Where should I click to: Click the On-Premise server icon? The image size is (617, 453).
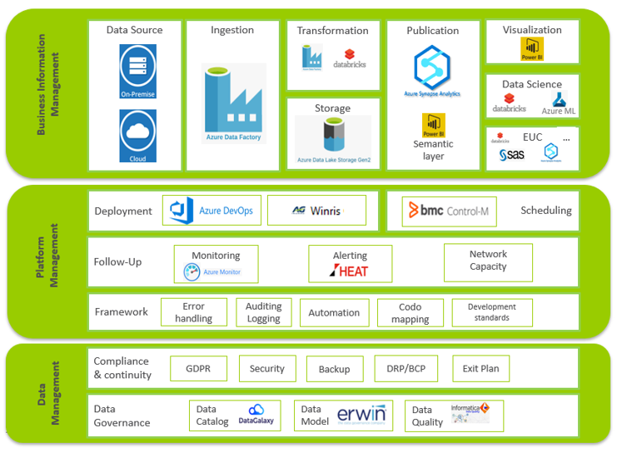[137, 71]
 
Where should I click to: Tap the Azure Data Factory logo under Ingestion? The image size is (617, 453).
[234, 103]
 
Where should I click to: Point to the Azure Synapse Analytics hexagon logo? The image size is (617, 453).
[432, 67]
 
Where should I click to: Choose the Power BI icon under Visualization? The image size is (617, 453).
[531, 50]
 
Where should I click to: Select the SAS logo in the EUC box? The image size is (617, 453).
[512, 154]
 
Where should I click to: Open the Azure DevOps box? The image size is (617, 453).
[213, 211]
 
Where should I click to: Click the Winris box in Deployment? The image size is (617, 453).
[316, 211]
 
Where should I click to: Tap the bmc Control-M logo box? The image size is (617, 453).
[448, 212]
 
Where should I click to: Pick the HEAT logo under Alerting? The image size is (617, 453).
[350, 270]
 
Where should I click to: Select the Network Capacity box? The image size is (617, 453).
[488, 261]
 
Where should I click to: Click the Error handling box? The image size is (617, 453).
[193, 312]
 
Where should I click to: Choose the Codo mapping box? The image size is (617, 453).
[410, 313]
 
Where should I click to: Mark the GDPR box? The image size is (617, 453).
[198, 369]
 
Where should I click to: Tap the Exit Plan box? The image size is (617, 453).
[480, 369]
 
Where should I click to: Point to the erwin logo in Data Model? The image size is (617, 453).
[361, 414]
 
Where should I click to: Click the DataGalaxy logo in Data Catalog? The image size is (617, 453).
[256, 414]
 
